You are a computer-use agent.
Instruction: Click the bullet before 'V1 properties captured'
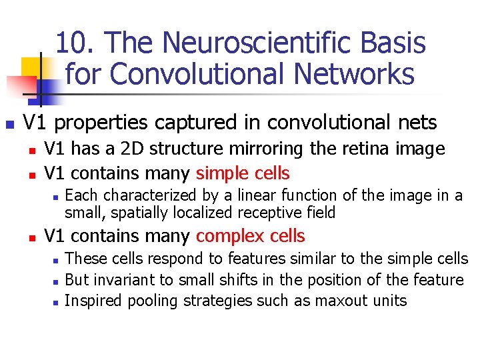point(9,125)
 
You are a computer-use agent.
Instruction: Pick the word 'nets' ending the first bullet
point(417,123)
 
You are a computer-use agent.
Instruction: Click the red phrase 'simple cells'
point(243,173)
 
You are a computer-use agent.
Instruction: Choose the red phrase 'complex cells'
point(251,236)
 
